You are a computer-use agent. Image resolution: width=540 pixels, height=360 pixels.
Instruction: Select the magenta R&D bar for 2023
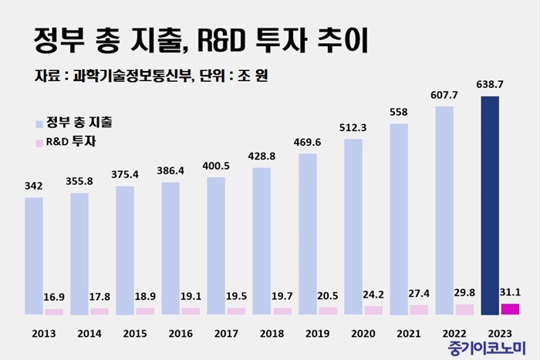click(x=510, y=309)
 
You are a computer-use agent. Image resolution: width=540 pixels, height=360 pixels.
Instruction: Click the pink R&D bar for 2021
click(x=419, y=309)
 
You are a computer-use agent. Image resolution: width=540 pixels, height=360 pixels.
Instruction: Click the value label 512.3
click(x=353, y=127)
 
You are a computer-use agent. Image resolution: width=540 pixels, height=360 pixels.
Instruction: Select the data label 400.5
click(x=216, y=166)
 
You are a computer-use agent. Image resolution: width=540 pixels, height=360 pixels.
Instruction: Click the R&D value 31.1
click(x=511, y=290)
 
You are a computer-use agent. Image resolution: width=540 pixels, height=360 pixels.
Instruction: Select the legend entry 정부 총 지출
click(x=83, y=123)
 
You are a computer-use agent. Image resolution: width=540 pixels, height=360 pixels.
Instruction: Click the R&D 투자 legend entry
click(x=75, y=142)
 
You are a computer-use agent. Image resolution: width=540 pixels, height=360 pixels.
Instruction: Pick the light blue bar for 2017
click(x=216, y=246)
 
